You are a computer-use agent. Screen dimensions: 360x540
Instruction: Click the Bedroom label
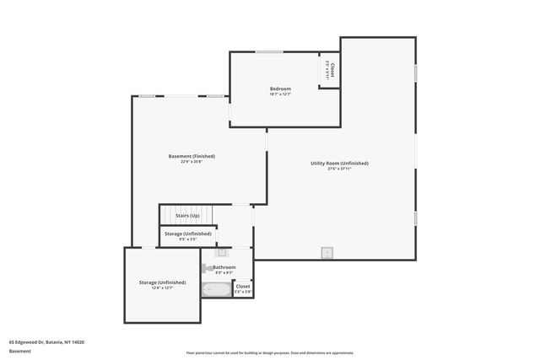pyautogui.click(x=280, y=89)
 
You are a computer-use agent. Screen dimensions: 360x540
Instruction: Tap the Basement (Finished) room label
pyautogui.click(x=192, y=156)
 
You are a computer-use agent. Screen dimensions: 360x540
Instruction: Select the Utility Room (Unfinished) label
pyautogui.click(x=339, y=163)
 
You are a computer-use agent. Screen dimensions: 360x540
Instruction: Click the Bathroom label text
pyautogui.click(x=224, y=267)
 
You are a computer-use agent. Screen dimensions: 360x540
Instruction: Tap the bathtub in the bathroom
pyautogui.click(x=216, y=289)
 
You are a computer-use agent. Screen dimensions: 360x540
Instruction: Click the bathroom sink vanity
pyautogui.click(x=222, y=252)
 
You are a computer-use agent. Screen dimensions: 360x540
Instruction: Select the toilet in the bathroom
pyautogui.click(x=206, y=269)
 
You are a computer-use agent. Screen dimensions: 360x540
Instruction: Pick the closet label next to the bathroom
pyautogui.click(x=243, y=287)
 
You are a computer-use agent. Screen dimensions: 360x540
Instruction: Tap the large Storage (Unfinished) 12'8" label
pyautogui.click(x=162, y=282)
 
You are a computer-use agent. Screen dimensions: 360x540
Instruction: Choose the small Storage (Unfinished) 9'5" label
pyautogui.click(x=187, y=234)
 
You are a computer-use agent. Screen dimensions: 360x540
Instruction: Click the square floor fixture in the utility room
pyautogui.click(x=327, y=252)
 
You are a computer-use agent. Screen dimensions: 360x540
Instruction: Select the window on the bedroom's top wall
pyautogui.click(x=269, y=52)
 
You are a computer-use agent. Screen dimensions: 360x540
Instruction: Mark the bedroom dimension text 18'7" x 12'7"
pyautogui.click(x=280, y=94)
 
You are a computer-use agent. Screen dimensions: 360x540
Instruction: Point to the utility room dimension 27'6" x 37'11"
pyautogui.click(x=339, y=169)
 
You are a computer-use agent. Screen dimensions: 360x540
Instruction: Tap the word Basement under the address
pyautogui.click(x=19, y=352)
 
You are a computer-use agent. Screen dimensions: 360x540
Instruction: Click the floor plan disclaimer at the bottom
pyautogui.click(x=270, y=352)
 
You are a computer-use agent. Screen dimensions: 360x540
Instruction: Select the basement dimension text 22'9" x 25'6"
pyautogui.click(x=192, y=162)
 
